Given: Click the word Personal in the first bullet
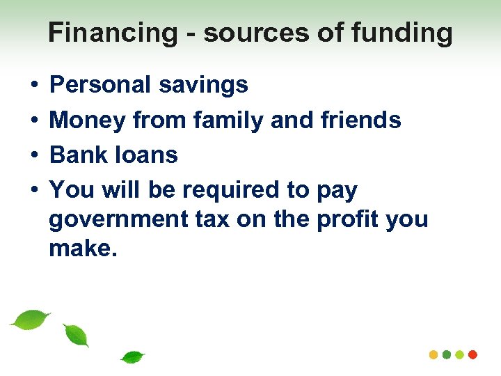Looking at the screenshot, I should pyautogui.click(x=100, y=85).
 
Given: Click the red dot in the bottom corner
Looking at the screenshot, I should pyautogui.click(x=473, y=354).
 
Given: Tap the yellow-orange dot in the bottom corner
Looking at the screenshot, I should pyautogui.click(x=434, y=354).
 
